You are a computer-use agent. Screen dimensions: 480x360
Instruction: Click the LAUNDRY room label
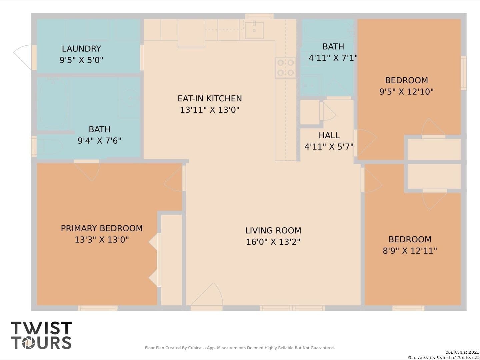point(81,49)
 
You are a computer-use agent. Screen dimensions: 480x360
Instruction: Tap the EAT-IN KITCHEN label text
point(210,98)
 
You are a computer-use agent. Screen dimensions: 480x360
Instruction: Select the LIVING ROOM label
point(273,230)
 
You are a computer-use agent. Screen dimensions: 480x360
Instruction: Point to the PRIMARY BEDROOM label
point(102,228)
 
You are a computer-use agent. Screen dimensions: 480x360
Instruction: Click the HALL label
point(329,135)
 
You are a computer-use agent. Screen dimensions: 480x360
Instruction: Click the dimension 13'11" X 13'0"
point(210,110)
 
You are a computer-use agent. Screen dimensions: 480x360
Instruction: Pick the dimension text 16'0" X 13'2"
point(273,242)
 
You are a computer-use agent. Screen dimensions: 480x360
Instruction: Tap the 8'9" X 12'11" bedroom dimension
point(410,251)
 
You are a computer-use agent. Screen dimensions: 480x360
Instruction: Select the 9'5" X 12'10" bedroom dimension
point(406,92)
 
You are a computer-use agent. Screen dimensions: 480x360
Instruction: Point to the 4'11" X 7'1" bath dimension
point(333,58)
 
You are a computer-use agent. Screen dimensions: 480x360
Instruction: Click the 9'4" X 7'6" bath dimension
point(99,141)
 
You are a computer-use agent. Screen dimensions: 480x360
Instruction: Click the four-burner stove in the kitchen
point(286,68)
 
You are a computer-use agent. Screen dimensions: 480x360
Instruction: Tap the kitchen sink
point(254,30)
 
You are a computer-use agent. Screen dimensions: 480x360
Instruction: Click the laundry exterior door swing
point(23,57)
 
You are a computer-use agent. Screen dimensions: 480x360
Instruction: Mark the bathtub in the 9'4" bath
point(54,104)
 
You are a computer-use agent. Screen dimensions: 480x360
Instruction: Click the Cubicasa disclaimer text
point(240,348)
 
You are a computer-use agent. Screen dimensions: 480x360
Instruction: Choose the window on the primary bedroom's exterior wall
point(98,308)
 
